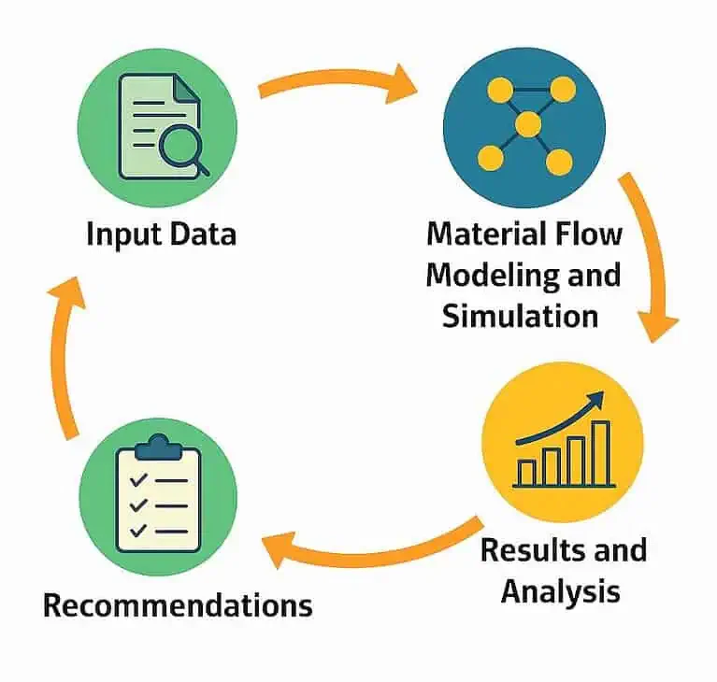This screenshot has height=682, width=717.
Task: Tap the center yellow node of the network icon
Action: pyautogui.click(x=528, y=124)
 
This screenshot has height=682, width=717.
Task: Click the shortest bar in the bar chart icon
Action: pyautogui.click(x=528, y=472)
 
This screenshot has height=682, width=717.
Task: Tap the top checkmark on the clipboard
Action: pyautogui.click(x=138, y=479)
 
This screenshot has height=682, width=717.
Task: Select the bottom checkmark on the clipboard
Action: pyautogui.click(x=138, y=530)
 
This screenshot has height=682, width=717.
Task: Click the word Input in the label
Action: pyautogui.click(x=120, y=233)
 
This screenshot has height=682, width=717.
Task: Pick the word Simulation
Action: pyautogui.click(x=521, y=315)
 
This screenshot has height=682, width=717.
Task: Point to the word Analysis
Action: pyautogui.click(x=560, y=590)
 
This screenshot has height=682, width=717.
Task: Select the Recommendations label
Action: pyautogui.click(x=178, y=605)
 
